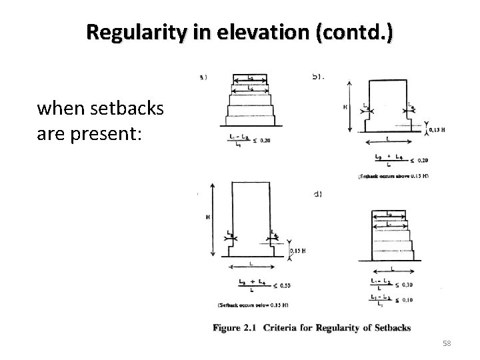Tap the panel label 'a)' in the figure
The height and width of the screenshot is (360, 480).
[x=203, y=77]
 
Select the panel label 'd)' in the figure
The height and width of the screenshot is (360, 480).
[x=317, y=194]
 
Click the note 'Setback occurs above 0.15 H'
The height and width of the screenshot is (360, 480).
[x=393, y=176]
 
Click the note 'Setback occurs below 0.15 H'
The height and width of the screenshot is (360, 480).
[x=253, y=305]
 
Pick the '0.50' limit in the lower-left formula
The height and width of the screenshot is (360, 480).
[x=285, y=286]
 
